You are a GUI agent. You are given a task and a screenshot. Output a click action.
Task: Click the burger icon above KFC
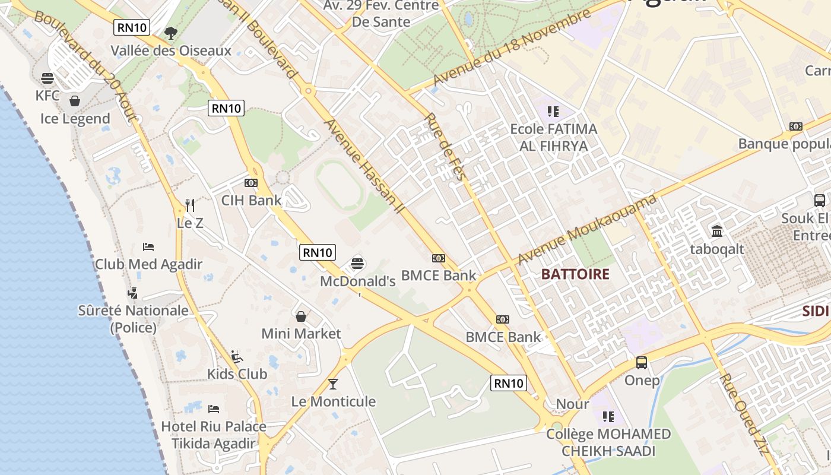click(47, 78)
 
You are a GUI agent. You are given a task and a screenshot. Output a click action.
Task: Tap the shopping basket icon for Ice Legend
click(75, 101)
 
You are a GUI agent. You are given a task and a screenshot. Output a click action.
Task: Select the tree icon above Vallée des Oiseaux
click(171, 33)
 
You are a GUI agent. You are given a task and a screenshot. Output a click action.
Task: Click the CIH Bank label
click(251, 200)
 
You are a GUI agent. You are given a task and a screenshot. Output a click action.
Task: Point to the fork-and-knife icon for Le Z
click(190, 205)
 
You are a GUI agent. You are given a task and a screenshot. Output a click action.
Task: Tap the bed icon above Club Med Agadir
click(148, 246)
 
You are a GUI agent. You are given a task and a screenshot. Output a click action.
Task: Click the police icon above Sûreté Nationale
click(133, 293)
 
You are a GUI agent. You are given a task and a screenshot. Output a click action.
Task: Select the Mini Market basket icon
click(301, 316)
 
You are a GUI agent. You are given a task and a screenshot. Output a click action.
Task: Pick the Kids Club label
click(237, 374)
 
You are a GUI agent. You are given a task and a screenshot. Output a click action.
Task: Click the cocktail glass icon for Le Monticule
click(333, 384)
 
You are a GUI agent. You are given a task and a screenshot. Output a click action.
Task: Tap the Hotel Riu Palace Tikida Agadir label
click(214, 435)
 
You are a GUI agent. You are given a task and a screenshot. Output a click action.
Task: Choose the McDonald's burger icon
click(357, 263)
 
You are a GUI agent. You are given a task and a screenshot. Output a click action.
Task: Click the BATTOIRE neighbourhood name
click(575, 274)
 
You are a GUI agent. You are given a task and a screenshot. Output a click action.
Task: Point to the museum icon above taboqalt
click(716, 231)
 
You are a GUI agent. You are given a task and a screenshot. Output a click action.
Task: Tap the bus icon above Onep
click(642, 362)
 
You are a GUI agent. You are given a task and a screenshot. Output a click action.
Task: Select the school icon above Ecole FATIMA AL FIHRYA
click(553, 111)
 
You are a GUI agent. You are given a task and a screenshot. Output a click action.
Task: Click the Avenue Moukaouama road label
click(587, 230)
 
